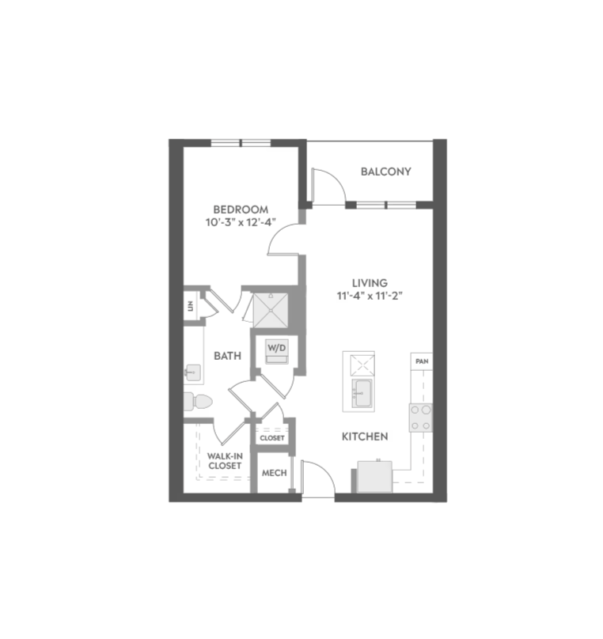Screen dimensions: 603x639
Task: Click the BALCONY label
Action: (x=385, y=172)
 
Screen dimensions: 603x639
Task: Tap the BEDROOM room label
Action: (x=241, y=210)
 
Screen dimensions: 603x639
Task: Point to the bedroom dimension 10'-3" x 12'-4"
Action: (x=241, y=222)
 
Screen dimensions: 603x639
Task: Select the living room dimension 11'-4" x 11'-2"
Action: (x=370, y=296)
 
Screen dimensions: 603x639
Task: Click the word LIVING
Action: (x=370, y=283)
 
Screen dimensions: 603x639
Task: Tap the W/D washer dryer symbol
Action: (x=277, y=351)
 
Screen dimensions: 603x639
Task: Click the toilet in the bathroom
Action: (x=198, y=402)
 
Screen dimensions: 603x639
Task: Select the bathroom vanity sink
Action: (x=193, y=372)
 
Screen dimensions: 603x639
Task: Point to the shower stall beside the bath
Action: (x=271, y=310)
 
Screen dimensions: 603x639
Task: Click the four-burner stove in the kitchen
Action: (x=421, y=418)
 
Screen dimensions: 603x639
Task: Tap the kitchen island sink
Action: (x=362, y=394)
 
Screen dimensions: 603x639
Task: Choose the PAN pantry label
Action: (x=422, y=361)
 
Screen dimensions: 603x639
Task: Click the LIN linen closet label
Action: (x=191, y=306)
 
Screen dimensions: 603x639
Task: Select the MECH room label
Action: (x=275, y=473)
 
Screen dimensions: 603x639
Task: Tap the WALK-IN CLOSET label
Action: (x=225, y=461)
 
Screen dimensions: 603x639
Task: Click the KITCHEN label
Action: (x=365, y=437)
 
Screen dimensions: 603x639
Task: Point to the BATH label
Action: (x=227, y=356)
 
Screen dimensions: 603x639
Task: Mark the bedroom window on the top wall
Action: (x=241, y=142)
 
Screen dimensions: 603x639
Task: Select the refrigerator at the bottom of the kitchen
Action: (x=374, y=476)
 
